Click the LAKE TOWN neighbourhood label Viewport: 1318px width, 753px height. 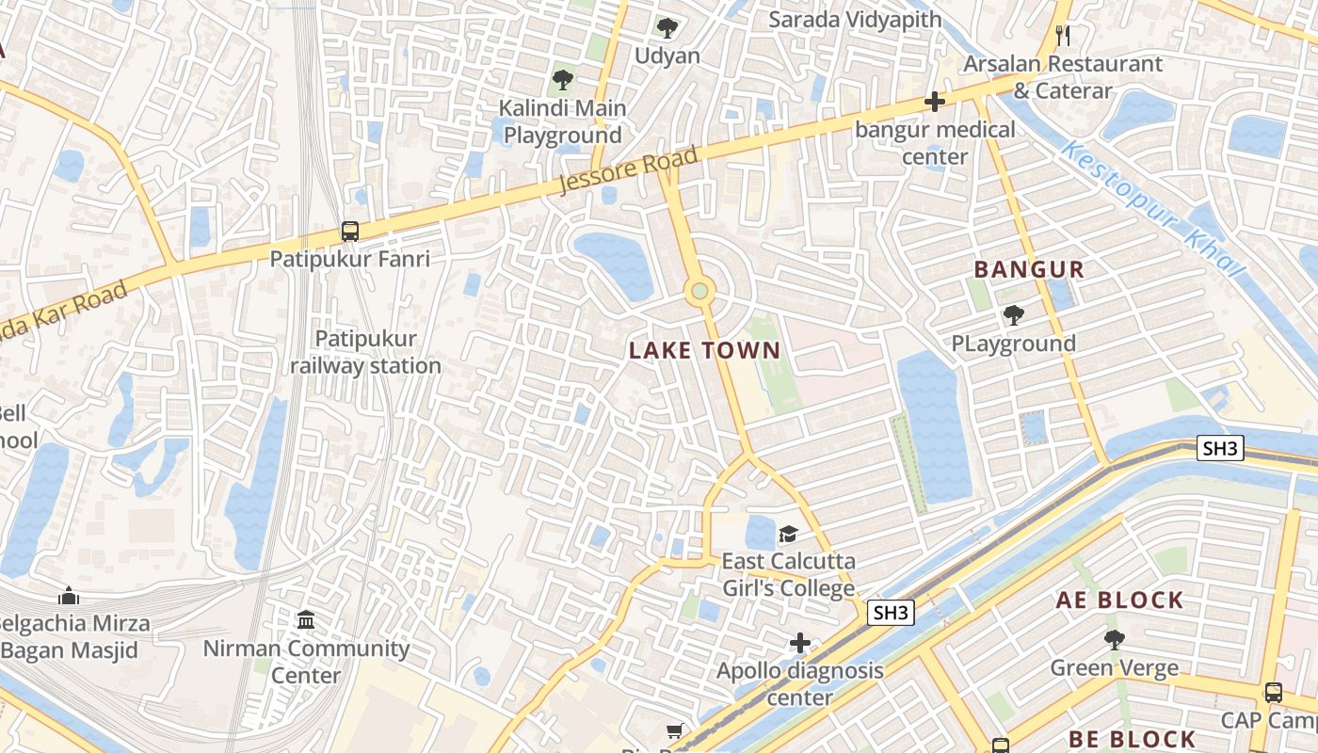[x=704, y=351]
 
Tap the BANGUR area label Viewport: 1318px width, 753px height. [x=1029, y=270]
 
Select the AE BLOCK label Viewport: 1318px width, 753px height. [x=1119, y=601]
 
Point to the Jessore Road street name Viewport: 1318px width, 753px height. [x=628, y=170]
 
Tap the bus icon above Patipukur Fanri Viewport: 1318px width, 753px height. [x=350, y=231]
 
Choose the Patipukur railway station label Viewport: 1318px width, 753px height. [x=365, y=352]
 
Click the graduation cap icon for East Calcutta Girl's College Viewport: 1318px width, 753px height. [x=788, y=535]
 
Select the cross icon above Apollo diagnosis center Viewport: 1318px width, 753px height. [x=799, y=644]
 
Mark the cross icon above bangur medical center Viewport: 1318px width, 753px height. [x=934, y=102]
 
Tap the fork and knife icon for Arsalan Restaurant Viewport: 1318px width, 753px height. [x=1063, y=36]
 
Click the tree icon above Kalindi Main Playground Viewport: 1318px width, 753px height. [x=562, y=80]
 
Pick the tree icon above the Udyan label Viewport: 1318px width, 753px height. [x=667, y=28]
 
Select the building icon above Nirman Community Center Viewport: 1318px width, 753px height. [x=306, y=620]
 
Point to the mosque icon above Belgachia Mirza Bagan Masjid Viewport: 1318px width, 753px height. [x=68, y=596]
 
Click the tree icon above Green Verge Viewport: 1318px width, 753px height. [x=1114, y=641]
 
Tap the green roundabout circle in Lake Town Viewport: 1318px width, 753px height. [x=699, y=291]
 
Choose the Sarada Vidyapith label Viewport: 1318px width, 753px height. [x=855, y=20]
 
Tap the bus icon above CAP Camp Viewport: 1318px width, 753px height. [x=1273, y=693]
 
